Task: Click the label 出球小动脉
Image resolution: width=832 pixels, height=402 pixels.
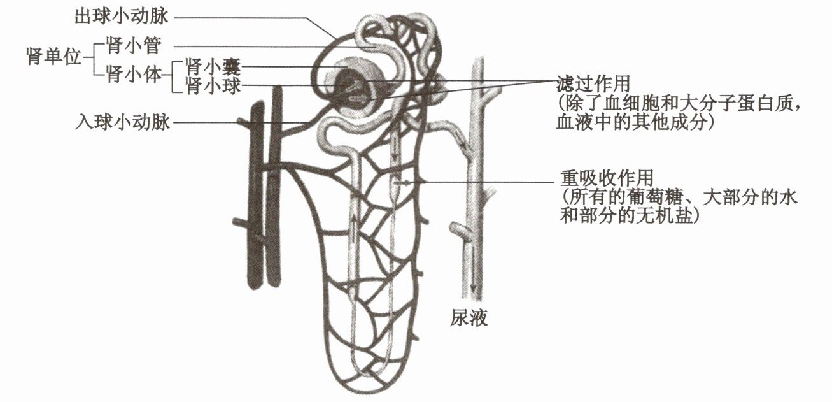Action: coord(122,15)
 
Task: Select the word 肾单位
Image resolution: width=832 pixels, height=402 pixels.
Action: coord(54,57)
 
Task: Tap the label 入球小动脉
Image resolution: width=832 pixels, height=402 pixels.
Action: coord(122,121)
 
